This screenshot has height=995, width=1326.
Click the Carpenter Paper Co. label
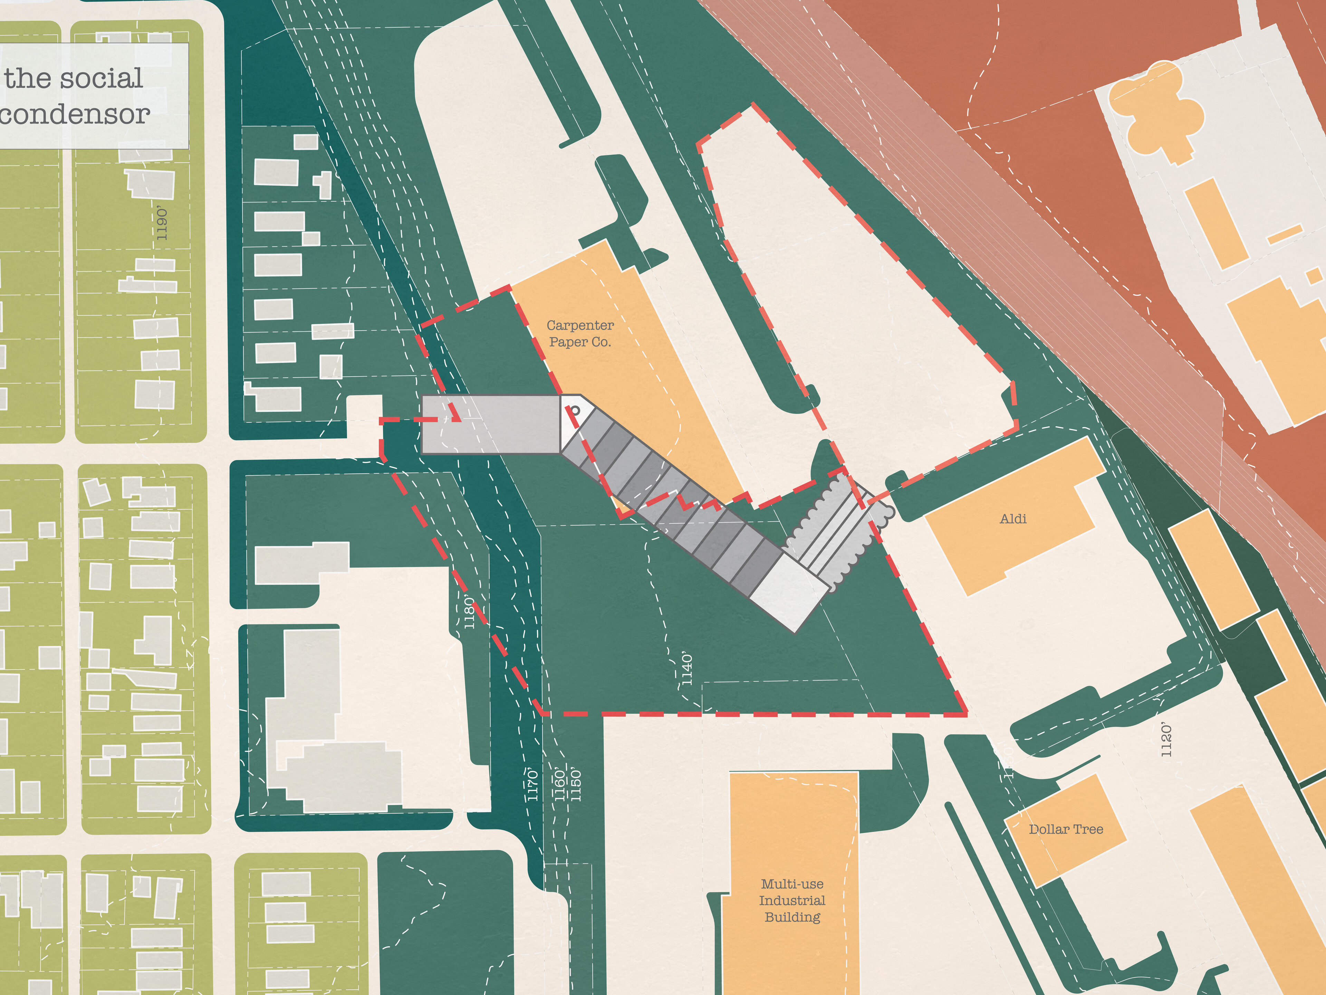pos(580,333)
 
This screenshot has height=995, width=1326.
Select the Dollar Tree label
pos(1066,830)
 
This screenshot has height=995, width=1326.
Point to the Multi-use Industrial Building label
pos(792,900)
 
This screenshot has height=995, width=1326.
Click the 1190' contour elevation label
pos(162,224)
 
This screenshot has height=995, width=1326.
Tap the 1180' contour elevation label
pos(469,612)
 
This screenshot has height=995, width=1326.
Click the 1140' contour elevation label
pos(687,669)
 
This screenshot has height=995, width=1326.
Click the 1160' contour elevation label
pos(560,785)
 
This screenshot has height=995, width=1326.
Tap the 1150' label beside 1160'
pos(576,785)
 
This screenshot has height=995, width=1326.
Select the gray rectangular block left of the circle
pos(490,424)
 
